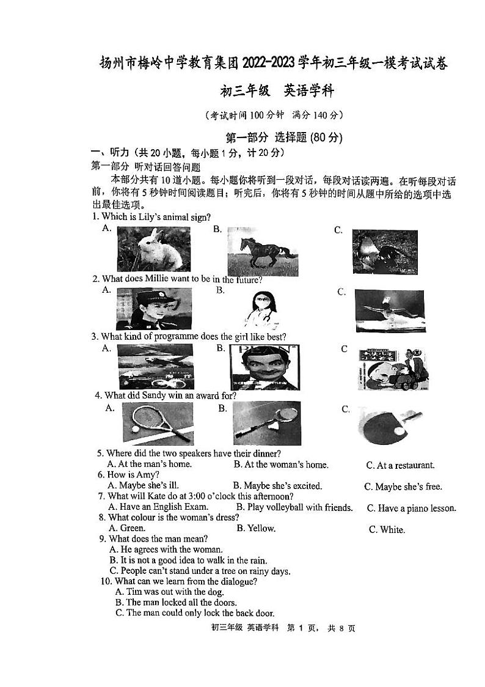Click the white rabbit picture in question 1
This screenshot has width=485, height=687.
pos(153,249)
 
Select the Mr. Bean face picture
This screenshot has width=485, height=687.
pos(264,367)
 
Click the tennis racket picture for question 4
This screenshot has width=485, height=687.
pos(157,423)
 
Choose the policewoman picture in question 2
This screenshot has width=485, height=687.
pos(153,309)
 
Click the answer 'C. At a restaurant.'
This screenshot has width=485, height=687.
pos(400,465)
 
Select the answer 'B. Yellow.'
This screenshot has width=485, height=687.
pos(256,528)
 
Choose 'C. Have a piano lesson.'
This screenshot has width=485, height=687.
pos(411,508)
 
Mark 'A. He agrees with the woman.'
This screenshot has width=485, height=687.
pos(166,549)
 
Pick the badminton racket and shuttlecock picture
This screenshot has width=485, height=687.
pos(266,423)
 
